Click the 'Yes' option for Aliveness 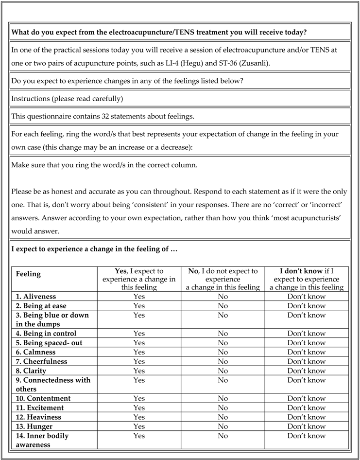pyautogui.click(x=139, y=297)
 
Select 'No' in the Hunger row pyautogui.click(x=223, y=426)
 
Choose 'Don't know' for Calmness pyautogui.click(x=306, y=352)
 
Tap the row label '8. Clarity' pyautogui.click(x=35, y=371)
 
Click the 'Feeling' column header pyautogui.click(x=28, y=274)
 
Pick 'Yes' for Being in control pyautogui.click(x=139, y=334)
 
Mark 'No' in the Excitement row pyautogui.click(x=223, y=408)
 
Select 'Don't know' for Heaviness pyautogui.click(x=306, y=417)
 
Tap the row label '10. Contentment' pyautogui.click(x=43, y=399)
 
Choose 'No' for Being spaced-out pyautogui.click(x=223, y=343)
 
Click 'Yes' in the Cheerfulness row pyautogui.click(x=139, y=361)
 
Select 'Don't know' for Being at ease pyautogui.click(x=306, y=306)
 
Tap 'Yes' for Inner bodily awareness pyautogui.click(x=139, y=436)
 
